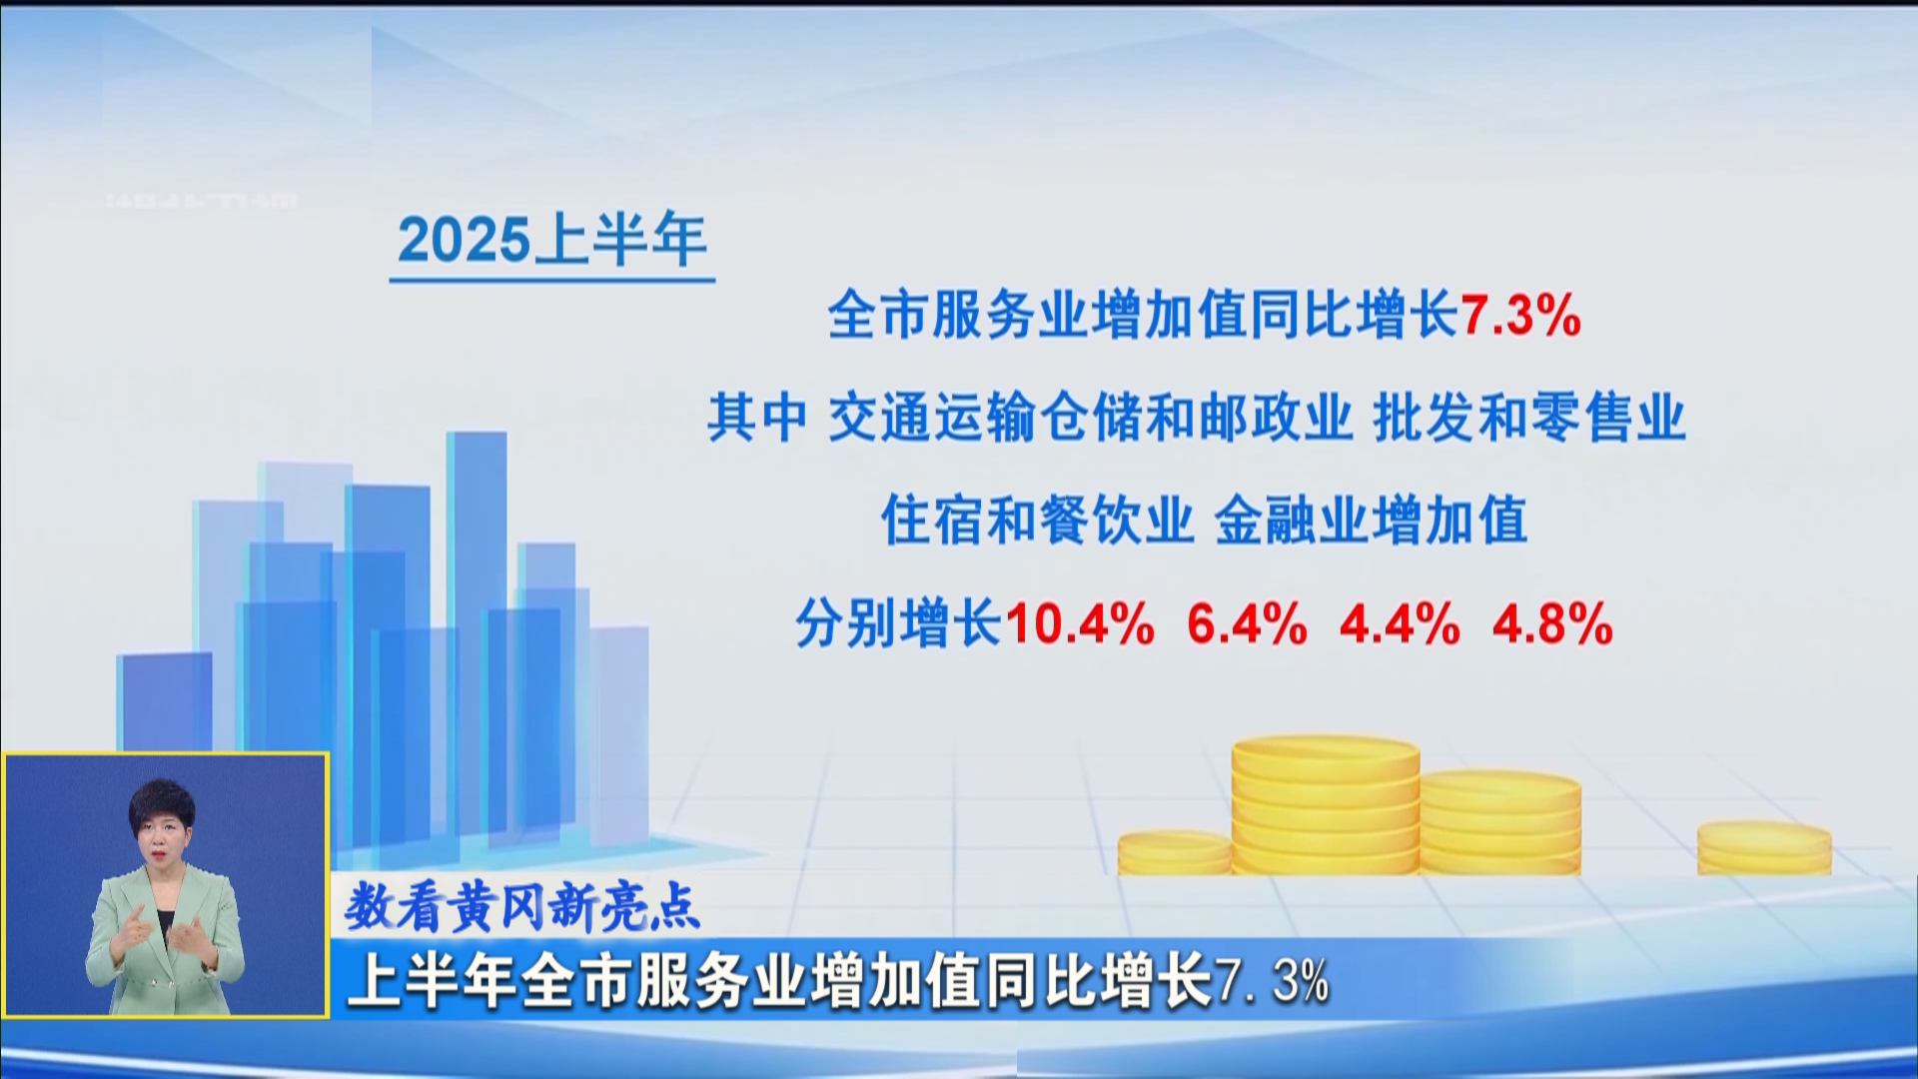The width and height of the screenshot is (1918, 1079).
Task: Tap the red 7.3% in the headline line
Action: coord(1520,316)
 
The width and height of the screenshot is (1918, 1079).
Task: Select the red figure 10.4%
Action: coord(1080,624)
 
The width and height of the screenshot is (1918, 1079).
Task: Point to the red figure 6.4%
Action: coord(1247,624)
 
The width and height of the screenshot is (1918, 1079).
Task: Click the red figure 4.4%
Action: coord(1400,624)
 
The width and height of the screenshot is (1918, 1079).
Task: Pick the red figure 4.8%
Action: coord(1552,624)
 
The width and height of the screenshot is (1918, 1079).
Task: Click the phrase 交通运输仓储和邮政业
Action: coord(1090,418)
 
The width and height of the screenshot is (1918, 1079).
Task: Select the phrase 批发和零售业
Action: coord(1529,418)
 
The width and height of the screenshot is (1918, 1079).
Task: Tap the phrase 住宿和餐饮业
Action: coord(1038,521)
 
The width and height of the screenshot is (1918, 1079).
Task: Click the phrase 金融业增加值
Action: coord(1371,521)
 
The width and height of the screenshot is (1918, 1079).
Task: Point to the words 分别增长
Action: coord(898,624)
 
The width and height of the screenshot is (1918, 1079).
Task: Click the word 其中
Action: coord(757,418)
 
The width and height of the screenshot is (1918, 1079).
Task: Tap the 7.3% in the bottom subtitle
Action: coord(1272,981)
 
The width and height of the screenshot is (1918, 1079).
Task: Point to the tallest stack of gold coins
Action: coord(1325,805)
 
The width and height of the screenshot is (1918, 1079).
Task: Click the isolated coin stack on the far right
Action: coord(1764,847)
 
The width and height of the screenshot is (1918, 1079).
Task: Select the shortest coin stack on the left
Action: coord(1175,852)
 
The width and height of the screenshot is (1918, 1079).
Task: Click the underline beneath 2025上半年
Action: coord(552,281)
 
